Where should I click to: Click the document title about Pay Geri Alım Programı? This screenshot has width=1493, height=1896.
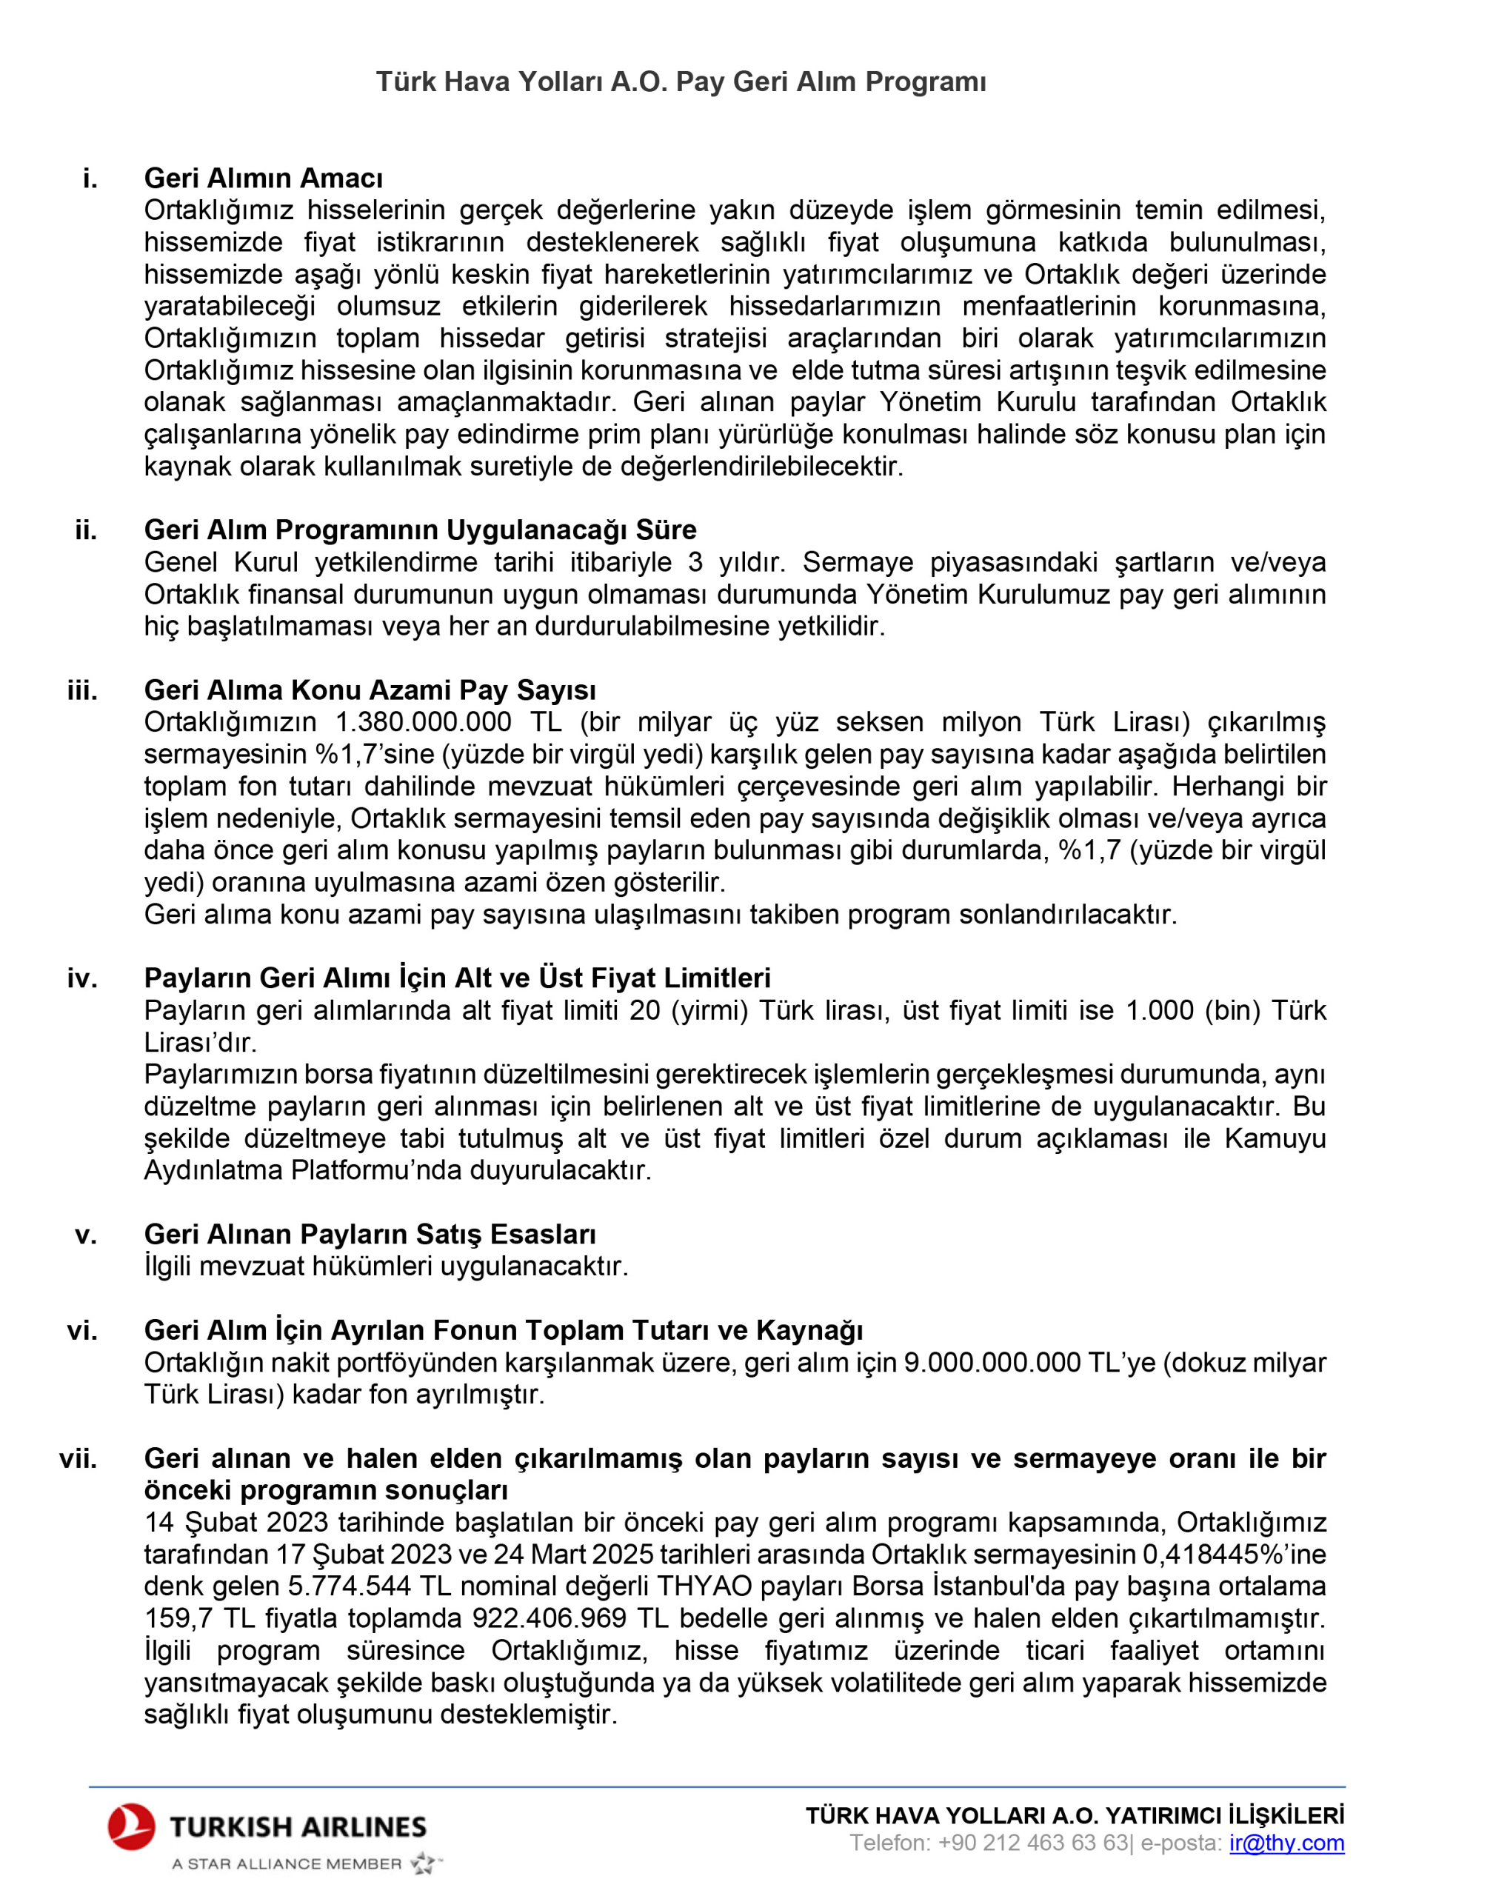pyautogui.click(x=681, y=81)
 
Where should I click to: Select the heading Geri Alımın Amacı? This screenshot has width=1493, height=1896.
pyautogui.click(x=263, y=178)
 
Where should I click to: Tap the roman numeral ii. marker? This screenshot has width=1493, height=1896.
pyautogui.click(x=86, y=530)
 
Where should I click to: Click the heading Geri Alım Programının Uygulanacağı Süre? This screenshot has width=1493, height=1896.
pyautogui.click(x=420, y=530)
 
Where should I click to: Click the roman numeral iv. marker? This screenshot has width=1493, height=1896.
pyautogui.click(x=82, y=978)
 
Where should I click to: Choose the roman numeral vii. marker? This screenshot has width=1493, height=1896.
pyautogui.click(x=79, y=1459)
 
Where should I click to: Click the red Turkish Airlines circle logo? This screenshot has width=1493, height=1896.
pyautogui.click(x=131, y=1827)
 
